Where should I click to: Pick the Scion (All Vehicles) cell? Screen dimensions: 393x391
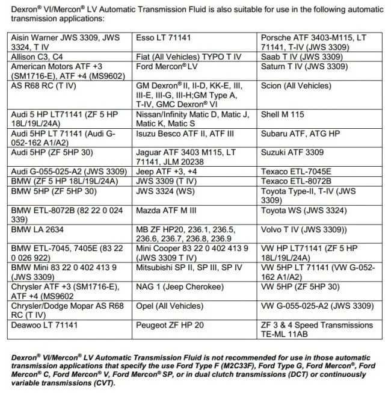tap(296, 86)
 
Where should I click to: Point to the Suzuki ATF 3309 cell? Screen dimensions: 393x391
tap(292, 152)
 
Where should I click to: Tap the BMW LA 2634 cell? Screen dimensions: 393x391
tap(39, 229)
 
